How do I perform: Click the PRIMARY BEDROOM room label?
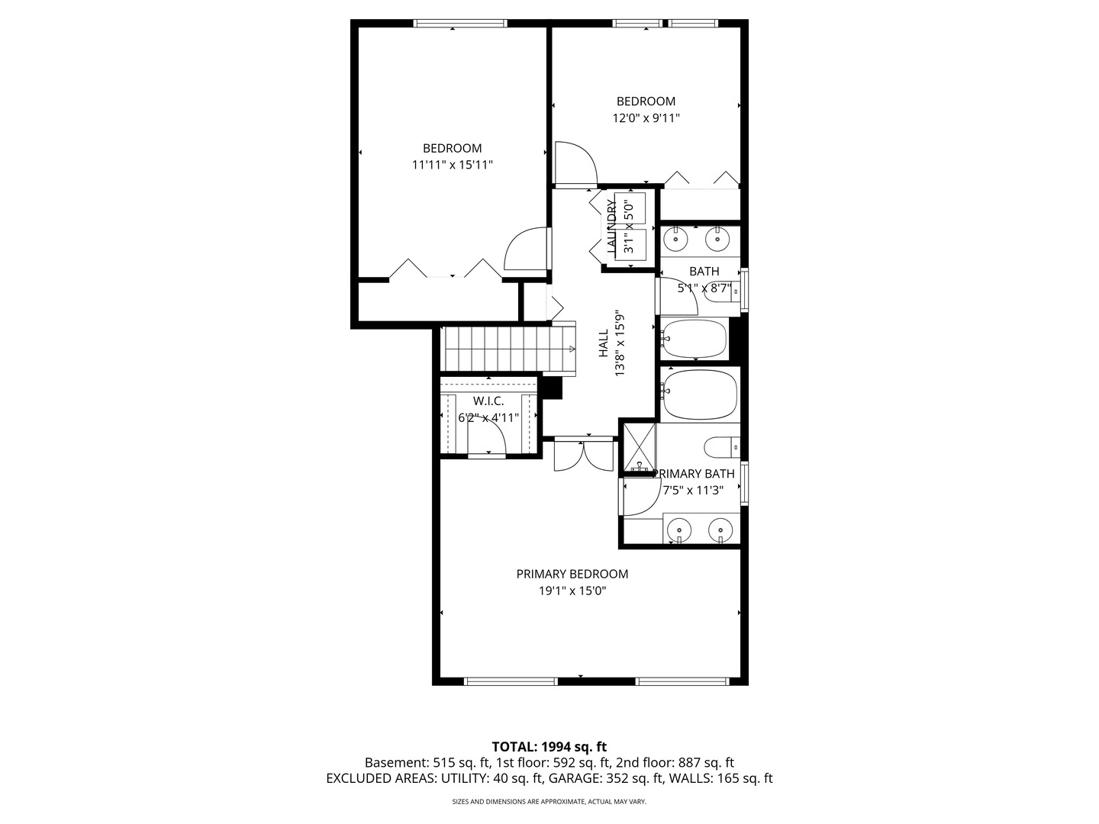click(572, 574)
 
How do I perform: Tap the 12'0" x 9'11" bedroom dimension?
click(646, 118)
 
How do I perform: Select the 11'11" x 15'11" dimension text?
click(452, 165)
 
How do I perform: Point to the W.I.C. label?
click(488, 401)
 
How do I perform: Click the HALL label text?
click(604, 343)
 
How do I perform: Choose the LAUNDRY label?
click(611, 226)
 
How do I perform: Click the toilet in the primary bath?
click(722, 447)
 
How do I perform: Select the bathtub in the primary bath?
click(699, 394)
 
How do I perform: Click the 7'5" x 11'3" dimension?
click(694, 491)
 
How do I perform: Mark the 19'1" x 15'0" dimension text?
click(572, 591)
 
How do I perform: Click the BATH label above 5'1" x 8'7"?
click(704, 271)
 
